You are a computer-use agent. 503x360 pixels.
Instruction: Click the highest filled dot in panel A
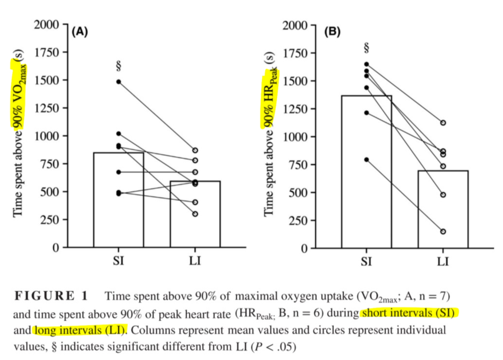click(119, 82)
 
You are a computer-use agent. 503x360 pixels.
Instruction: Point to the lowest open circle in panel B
click(443, 232)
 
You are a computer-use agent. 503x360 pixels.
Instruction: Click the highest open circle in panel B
click(443, 123)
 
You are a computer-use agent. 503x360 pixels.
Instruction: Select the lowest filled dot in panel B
click(366, 160)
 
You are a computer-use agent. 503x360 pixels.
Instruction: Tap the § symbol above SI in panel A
click(118, 66)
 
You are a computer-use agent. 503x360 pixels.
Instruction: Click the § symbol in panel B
click(366, 48)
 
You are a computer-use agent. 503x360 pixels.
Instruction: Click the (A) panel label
click(80, 32)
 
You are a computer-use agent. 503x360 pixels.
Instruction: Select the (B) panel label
click(332, 32)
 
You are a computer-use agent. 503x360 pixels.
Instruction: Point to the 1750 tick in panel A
click(47, 52)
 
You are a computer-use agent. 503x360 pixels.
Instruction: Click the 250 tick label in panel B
click(298, 220)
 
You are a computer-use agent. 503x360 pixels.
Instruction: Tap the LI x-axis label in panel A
click(195, 261)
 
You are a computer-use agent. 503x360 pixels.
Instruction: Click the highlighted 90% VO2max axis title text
click(19, 94)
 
